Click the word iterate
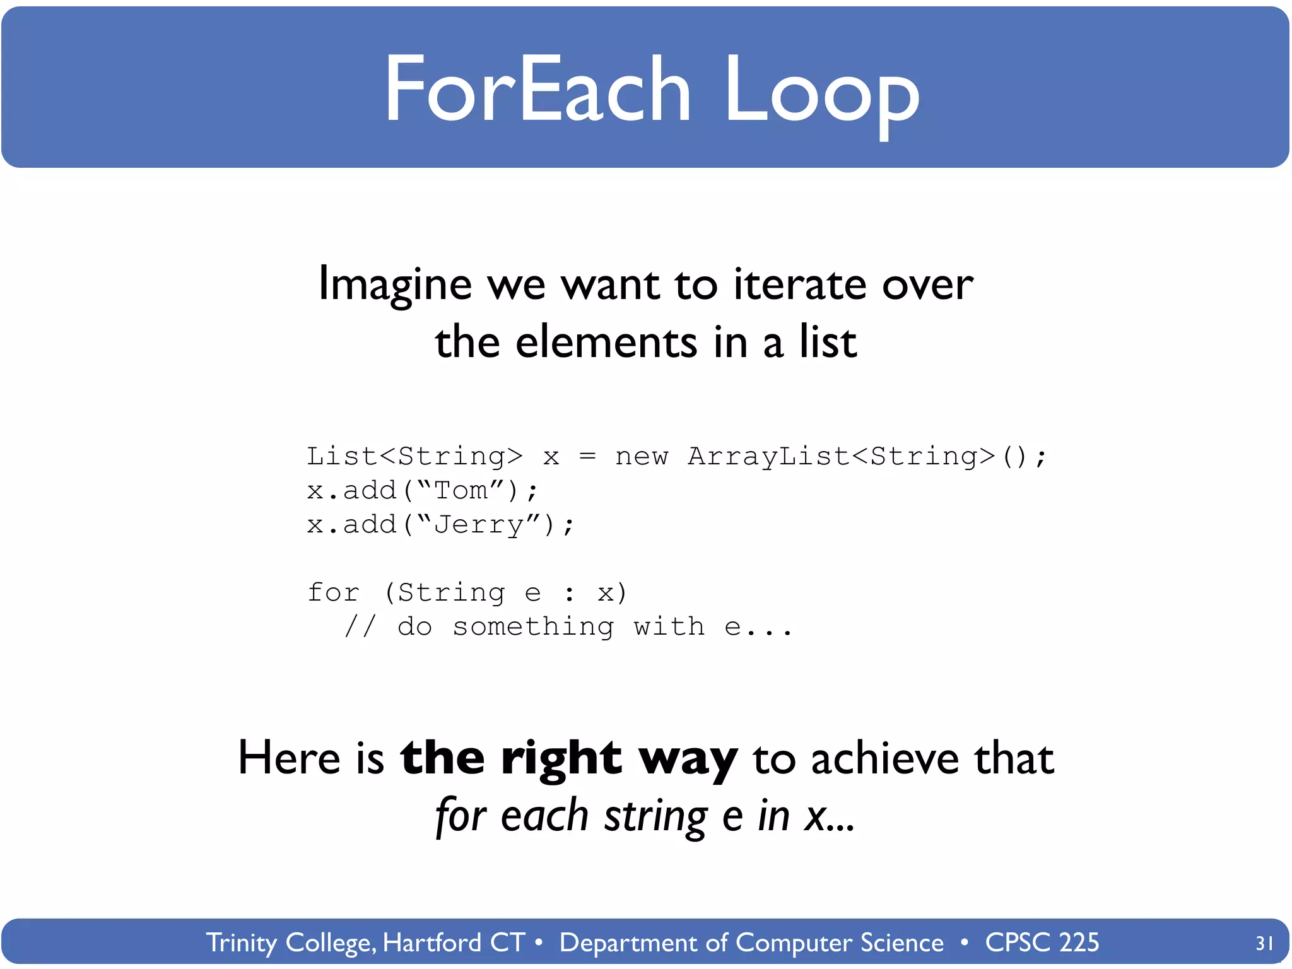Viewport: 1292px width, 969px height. [x=800, y=284]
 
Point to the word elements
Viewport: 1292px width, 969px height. [x=606, y=342]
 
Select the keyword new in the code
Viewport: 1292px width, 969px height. [x=641, y=456]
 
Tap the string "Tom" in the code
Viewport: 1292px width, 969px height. [x=461, y=490]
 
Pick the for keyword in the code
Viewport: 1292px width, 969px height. [x=333, y=592]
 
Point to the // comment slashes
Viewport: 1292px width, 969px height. [x=360, y=626]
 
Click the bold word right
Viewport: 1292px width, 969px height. [x=561, y=758]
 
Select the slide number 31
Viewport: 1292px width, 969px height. [x=1264, y=943]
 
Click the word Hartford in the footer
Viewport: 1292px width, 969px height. [x=432, y=943]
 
